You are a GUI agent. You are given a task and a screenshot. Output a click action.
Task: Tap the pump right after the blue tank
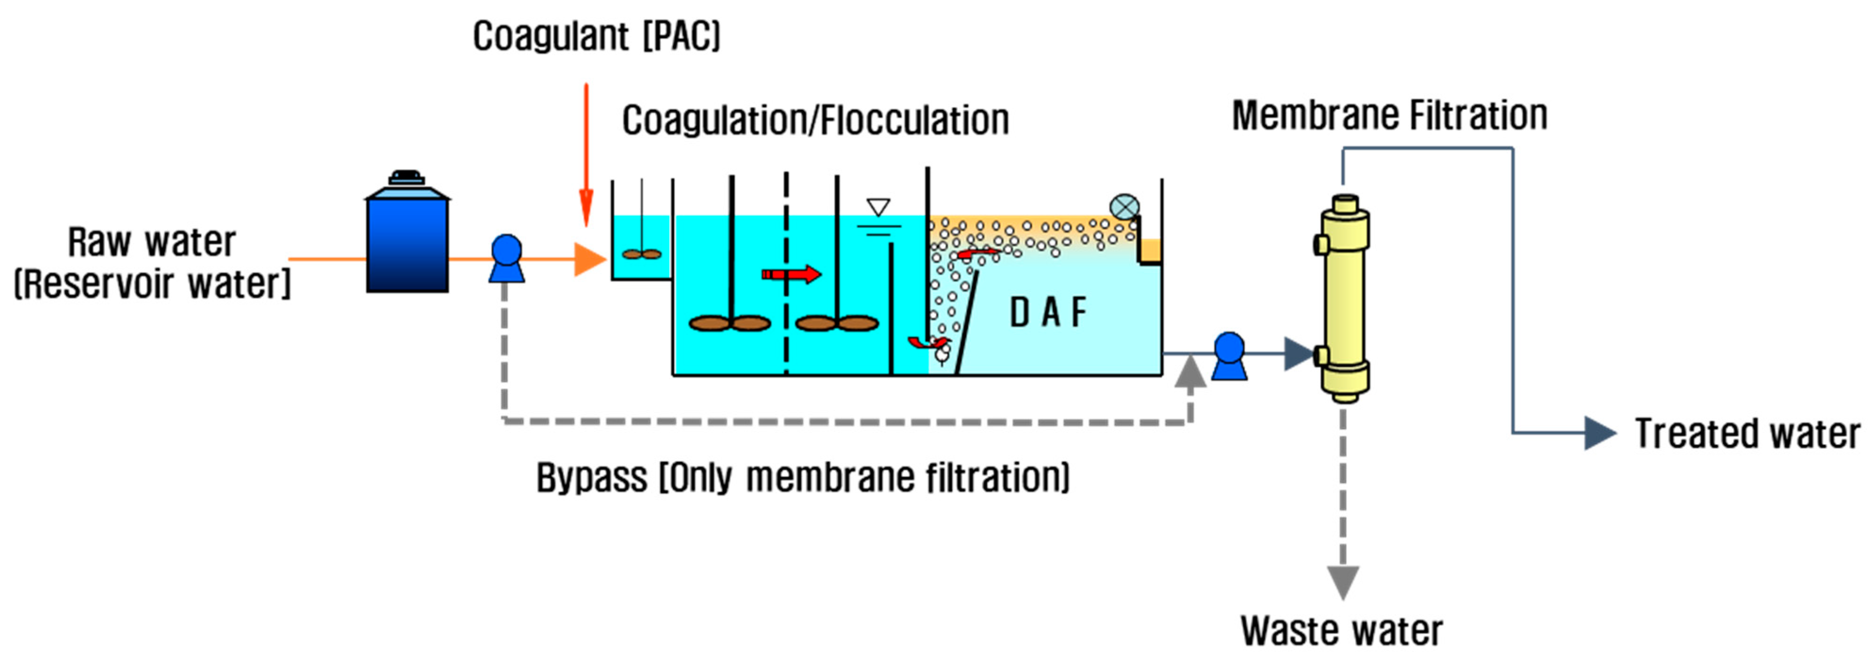506,258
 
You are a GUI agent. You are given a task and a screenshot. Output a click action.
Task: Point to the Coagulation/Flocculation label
815,121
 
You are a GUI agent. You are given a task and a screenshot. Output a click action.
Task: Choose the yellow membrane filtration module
1344,297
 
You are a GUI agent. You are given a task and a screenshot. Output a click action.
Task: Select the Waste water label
1341,630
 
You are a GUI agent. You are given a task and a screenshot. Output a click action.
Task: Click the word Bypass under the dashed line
591,478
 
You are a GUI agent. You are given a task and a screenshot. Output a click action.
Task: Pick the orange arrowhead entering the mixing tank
589,259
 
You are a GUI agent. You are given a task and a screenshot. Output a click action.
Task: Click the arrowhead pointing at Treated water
1599,433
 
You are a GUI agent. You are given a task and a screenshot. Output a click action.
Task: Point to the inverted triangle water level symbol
878,207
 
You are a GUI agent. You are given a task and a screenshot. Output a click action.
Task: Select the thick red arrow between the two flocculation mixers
791,274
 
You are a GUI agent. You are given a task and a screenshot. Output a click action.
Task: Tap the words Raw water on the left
152,242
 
